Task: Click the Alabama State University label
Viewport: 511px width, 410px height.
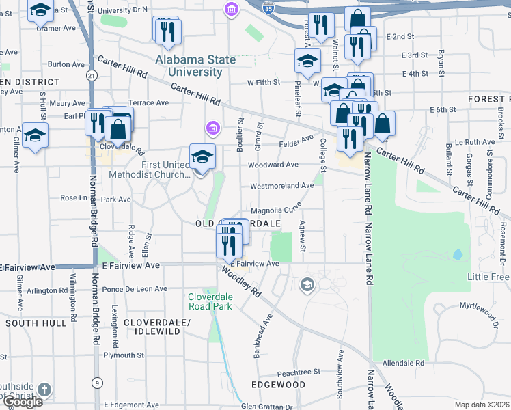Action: (195, 66)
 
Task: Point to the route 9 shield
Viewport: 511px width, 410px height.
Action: (98, 383)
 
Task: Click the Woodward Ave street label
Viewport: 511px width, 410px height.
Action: (273, 165)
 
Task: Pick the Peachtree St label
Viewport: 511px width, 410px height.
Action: (299, 372)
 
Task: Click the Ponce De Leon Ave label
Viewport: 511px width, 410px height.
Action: (134, 289)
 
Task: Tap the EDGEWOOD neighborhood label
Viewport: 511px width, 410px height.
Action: (279, 385)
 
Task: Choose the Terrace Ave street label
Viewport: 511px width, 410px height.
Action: (148, 103)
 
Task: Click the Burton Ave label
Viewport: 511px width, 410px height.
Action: (66, 64)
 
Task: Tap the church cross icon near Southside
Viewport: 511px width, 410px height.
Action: (44, 389)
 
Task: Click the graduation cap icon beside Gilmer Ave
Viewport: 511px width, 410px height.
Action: (34, 135)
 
